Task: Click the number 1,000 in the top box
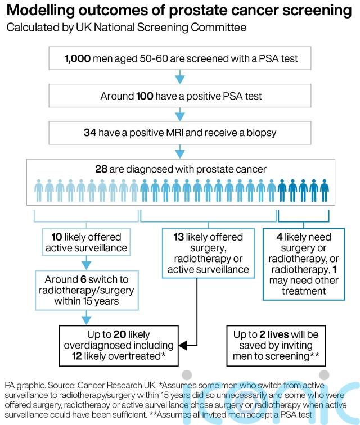pos(76,58)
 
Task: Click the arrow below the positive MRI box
pos(180,151)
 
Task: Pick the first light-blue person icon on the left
pos(39,191)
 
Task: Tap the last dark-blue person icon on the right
pos(324,191)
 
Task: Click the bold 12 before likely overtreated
pos(78,356)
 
